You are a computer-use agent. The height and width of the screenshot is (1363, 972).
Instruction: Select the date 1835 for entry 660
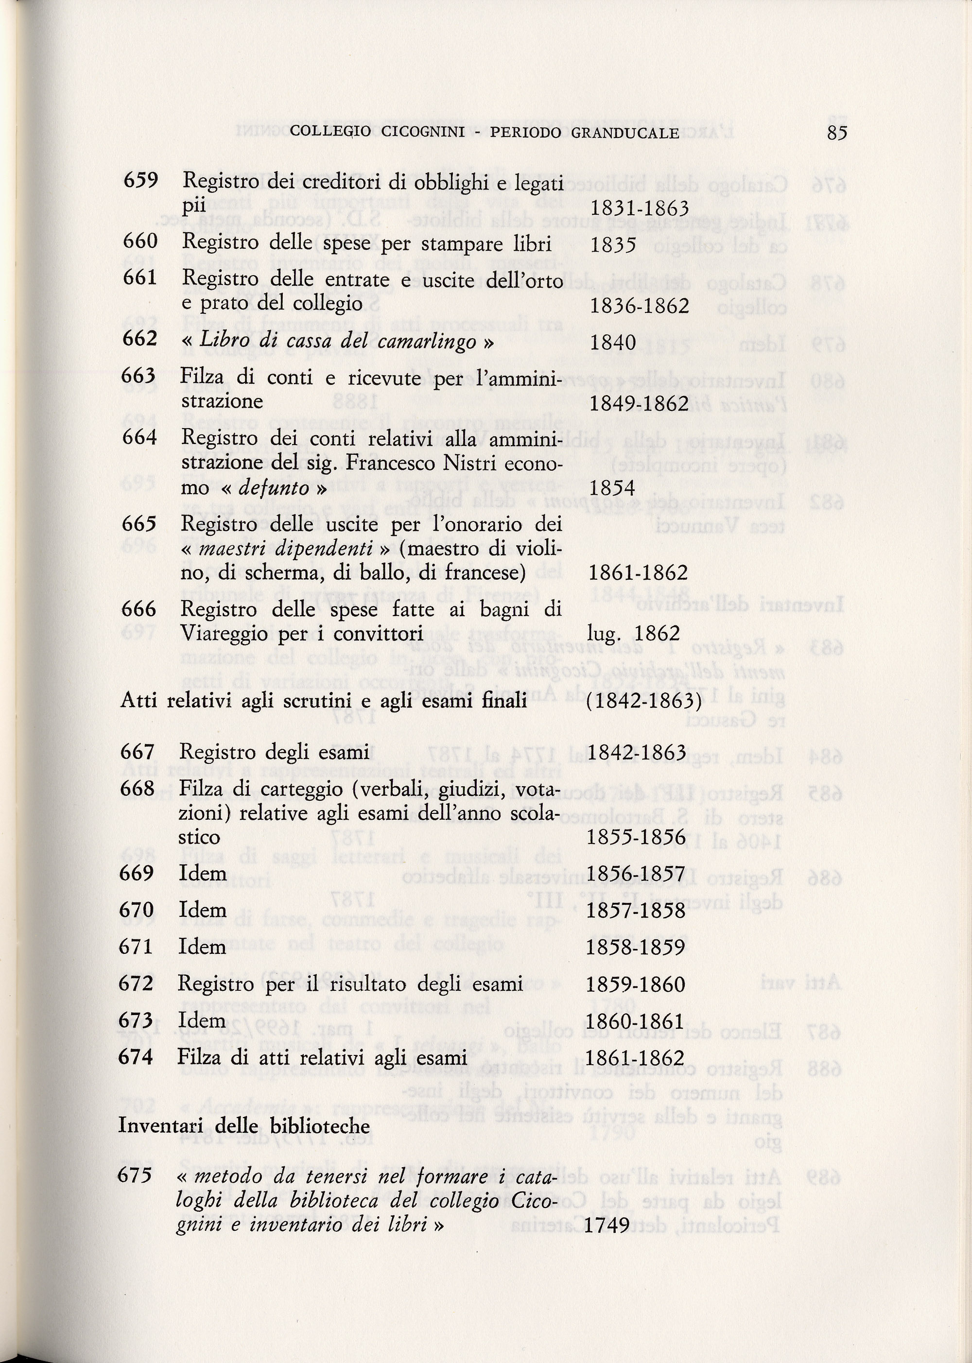click(x=613, y=245)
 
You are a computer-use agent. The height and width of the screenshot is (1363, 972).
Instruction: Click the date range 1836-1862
click(x=639, y=306)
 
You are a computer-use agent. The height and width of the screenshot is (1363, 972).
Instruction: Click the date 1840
click(x=613, y=343)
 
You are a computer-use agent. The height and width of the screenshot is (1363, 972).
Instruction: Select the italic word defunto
click(x=274, y=488)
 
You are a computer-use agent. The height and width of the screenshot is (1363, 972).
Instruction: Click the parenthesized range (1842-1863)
click(x=644, y=701)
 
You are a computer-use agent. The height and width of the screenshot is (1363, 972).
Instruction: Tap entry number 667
click(x=138, y=752)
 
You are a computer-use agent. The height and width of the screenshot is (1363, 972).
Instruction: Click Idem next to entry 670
click(x=202, y=910)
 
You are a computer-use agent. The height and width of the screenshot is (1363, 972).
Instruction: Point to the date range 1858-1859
click(x=636, y=947)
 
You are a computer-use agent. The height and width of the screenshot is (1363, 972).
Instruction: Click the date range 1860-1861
click(x=636, y=1021)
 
